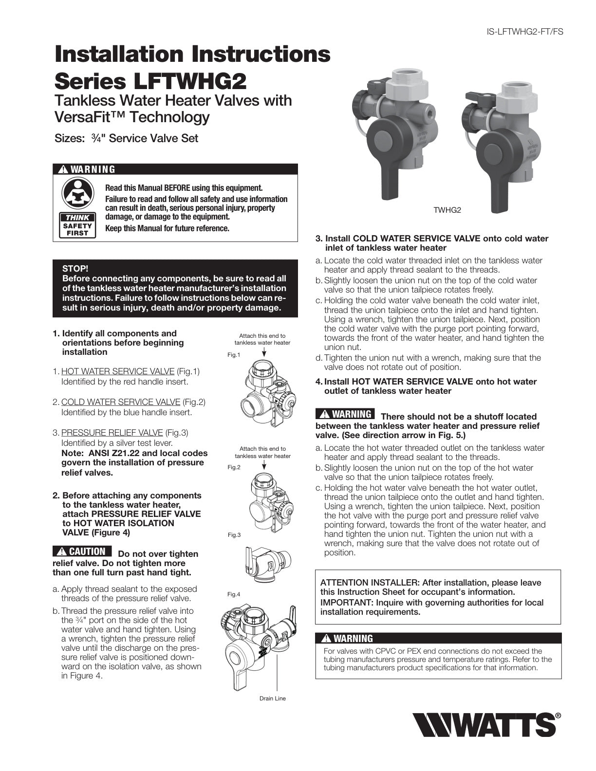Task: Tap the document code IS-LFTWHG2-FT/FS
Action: point(525,32)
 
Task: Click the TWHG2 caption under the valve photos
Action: point(447,210)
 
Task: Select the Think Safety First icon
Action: point(78,207)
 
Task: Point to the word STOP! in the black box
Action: point(75,269)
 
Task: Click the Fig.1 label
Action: point(234,355)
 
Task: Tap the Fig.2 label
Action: point(234,467)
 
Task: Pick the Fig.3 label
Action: point(234,535)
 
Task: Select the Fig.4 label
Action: point(234,594)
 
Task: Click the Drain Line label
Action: point(273,698)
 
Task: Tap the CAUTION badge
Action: point(82,551)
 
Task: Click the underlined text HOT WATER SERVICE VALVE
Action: point(118,371)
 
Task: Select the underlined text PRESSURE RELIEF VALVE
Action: point(112,433)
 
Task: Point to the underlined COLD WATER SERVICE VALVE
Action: point(121,402)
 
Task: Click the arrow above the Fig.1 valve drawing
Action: point(263,352)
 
